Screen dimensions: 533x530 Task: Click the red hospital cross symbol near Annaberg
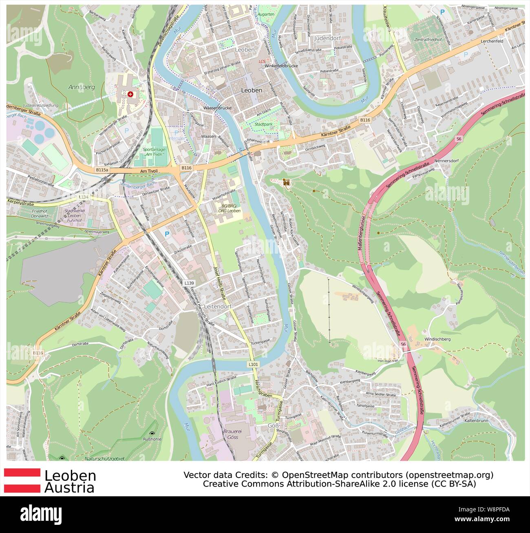point(130,94)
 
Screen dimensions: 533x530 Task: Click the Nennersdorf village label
point(446,161)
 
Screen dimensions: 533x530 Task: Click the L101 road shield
point(253,364)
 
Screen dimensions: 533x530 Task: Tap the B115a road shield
point(102,169)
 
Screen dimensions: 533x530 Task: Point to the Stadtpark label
point(263,123)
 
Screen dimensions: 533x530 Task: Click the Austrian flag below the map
point(22,480)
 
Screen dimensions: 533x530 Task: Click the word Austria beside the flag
point(69,487)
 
